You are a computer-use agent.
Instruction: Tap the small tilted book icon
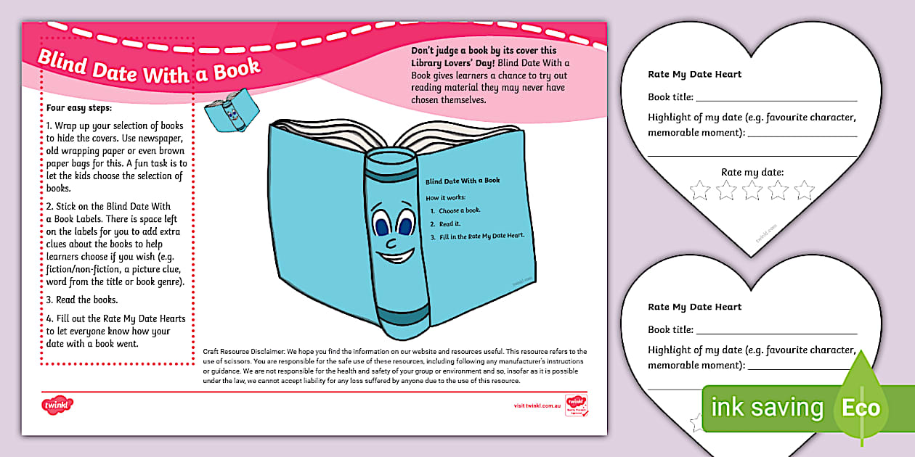pos(227,110)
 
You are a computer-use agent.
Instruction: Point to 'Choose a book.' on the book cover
pos(459,210)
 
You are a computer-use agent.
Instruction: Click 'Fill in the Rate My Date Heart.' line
pos(481,236)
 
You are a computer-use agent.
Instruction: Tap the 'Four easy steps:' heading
pos(78,108)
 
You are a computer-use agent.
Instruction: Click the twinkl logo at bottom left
pos(58,405)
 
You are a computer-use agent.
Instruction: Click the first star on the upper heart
pos(699,190)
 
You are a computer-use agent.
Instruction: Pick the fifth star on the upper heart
pos(804,190)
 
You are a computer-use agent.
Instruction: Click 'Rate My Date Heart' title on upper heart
pos(694,74)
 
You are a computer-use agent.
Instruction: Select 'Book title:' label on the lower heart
pos(670,329)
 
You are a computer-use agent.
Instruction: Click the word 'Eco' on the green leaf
pos(861,407)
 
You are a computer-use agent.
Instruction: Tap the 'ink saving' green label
pos(767,408)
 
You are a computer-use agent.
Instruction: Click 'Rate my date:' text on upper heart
pos(752,172)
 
